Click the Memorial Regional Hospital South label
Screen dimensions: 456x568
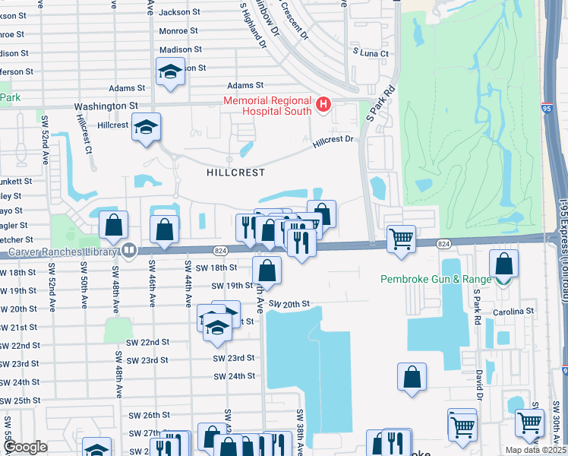267,106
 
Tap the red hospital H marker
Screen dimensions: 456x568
323,104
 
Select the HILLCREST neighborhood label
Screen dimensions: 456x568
235,173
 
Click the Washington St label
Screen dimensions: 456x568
106,106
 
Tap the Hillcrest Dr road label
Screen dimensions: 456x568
333,140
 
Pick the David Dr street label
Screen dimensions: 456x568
480,385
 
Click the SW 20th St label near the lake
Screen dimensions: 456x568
289,303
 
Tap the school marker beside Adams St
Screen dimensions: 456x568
170,73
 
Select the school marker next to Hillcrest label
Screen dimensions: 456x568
146,126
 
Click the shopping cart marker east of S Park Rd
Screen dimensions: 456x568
401,239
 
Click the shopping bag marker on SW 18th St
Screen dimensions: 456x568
267,270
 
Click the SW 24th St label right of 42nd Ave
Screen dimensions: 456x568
234,376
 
